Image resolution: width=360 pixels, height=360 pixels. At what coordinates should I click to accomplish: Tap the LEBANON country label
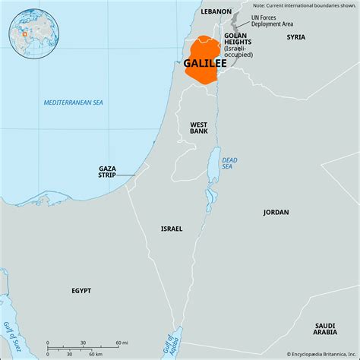[x=216, y=12]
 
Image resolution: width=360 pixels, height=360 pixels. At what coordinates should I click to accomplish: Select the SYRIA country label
[x=296, y=36]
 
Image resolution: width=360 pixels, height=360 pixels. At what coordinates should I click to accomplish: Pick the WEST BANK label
[x=199, y=128]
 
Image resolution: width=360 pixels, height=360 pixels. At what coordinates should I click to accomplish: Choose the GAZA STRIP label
[x=107, y=172]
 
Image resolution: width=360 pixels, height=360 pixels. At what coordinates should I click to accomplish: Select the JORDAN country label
[x=276, y=212]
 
